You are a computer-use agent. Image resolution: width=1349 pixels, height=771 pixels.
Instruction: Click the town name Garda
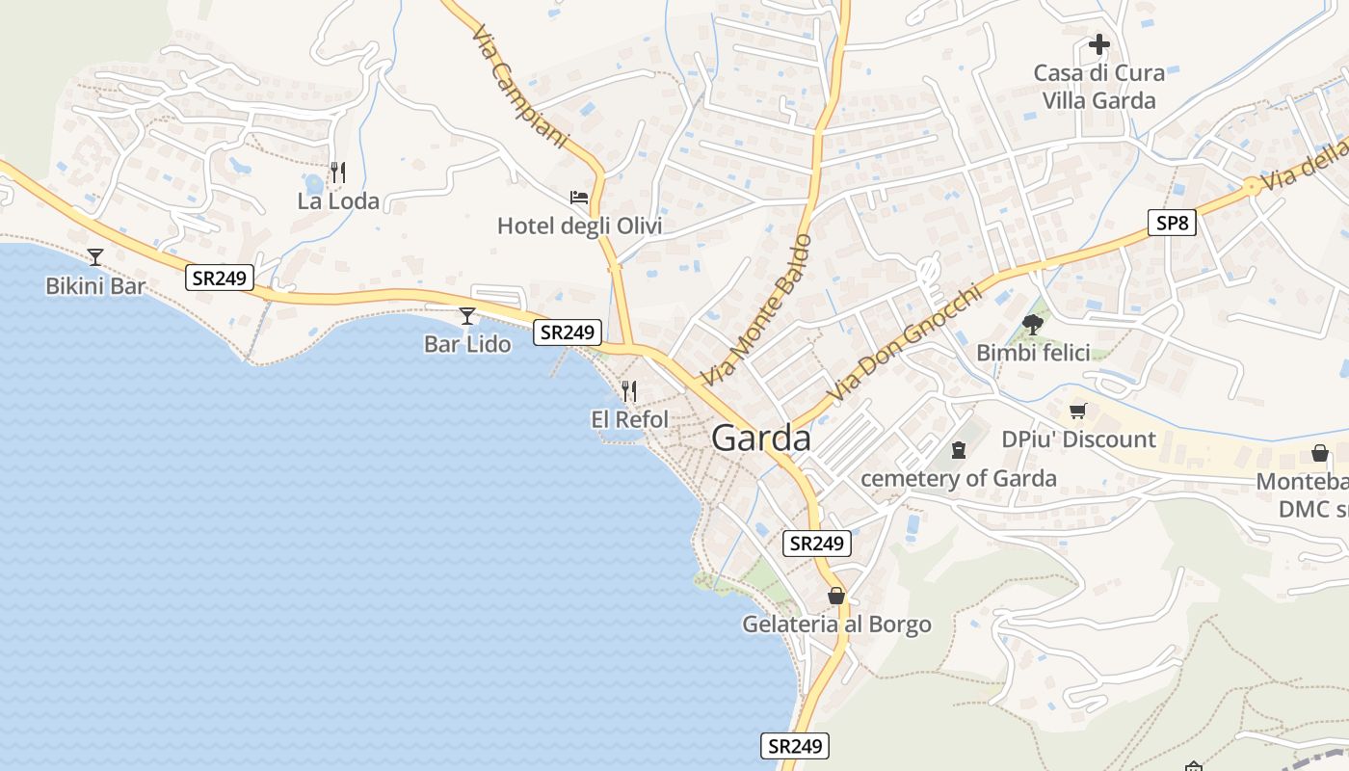(761, 439)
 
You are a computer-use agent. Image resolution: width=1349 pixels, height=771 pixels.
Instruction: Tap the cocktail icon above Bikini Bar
(95, 256)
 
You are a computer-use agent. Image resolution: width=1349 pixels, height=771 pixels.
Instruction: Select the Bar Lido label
(467, 344)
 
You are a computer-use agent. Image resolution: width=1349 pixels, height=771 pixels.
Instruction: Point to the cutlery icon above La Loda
(338, 173)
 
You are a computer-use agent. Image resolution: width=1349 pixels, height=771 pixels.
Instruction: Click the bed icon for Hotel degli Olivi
(579, 198)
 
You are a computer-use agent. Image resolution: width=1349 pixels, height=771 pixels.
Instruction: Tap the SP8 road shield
(1173, 224)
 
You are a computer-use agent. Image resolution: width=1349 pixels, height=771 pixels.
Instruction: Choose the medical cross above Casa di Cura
(1099, 44)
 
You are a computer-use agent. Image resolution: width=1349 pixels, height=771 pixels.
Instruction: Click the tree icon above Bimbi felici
(1033, 324)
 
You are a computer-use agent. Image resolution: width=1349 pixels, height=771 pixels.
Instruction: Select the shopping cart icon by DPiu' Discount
(1078, 412)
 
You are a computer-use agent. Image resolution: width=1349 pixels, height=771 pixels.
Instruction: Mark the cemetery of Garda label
(958, 479)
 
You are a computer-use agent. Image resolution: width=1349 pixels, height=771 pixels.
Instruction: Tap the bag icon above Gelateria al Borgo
(836, 596)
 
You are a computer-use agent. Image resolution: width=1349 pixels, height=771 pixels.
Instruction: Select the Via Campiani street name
(520, 86)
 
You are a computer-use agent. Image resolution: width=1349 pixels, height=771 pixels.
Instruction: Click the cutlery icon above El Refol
(628, 390)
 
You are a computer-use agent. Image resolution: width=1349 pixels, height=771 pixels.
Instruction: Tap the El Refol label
(629, 419)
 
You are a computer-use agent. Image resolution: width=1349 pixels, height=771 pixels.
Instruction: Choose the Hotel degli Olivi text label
(579, 226)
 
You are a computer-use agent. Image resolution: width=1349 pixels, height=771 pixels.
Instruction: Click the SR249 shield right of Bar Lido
(568, 332)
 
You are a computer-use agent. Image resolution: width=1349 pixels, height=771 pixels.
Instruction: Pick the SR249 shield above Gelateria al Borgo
(816, 544)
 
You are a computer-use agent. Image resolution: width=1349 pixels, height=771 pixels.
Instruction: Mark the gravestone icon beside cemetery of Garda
(958, 450)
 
